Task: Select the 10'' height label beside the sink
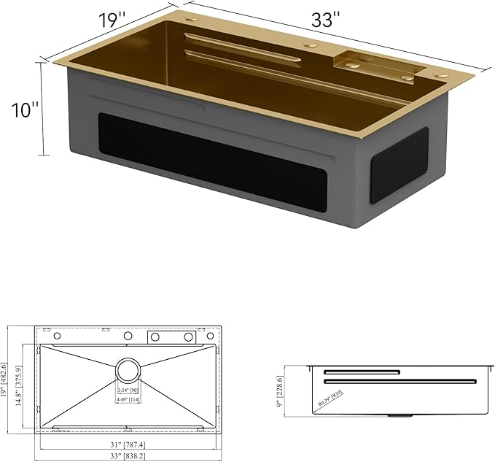point(25,111)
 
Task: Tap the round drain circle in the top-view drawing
point(128,370)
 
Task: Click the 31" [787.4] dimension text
point(128,442)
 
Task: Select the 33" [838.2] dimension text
point(128,456)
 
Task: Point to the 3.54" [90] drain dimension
point(128,390)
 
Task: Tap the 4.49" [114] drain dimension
point(128,399)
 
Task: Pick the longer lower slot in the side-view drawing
point(399,381)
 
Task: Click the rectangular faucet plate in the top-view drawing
point(173,336)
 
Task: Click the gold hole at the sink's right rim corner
point(441,74)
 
